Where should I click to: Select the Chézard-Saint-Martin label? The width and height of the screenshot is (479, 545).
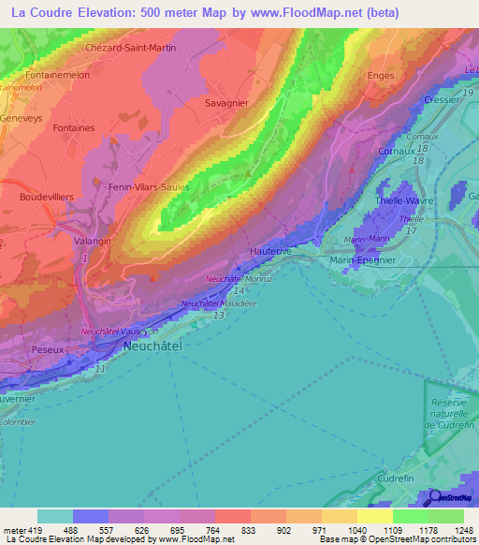point(130,47)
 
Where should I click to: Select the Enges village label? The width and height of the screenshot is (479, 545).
point(381,76)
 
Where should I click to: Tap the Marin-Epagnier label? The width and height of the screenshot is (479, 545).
point(364,261)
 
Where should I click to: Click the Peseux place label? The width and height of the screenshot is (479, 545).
point(47,347)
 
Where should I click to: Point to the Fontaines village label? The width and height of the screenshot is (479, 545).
point(74,127)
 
